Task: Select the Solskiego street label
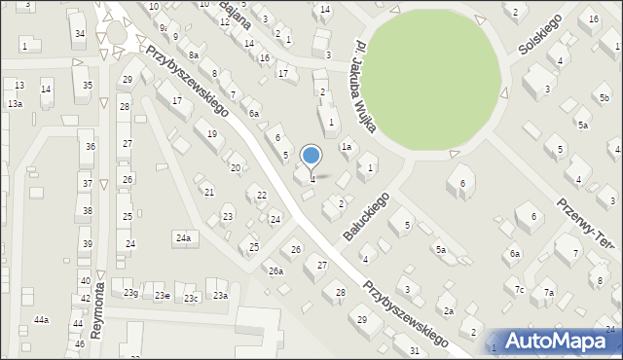540,39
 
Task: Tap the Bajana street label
237,14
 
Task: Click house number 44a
41,319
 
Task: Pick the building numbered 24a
182,237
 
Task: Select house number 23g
130,293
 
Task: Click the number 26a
276,270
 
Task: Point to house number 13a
15,103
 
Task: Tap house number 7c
520,289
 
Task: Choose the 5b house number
605,98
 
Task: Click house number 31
415,350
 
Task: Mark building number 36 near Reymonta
90,147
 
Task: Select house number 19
212,133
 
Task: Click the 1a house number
346,147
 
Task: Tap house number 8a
194,55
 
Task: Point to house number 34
80,34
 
